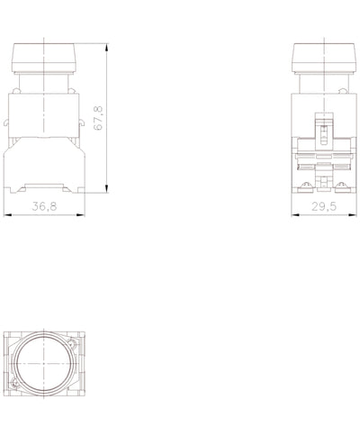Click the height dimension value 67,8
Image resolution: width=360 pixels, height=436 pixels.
click(x=98, y=118)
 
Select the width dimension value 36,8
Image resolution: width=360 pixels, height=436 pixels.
click(x=44, y=206)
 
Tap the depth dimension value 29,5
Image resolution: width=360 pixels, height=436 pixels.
click(x=324, y=206)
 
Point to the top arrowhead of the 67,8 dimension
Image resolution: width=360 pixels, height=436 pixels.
click(x=107, y=48)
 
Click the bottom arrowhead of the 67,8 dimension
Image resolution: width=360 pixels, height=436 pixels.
click(x=107, y=188)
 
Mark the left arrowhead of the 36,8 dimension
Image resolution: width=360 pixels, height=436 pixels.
click(x=7, y=214)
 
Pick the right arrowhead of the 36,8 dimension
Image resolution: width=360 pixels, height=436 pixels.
click(x=81, y=214)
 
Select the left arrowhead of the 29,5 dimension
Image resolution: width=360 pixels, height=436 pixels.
click(x=295, y=214)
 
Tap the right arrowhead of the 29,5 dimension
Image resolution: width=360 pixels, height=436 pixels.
click(x=353, y=214)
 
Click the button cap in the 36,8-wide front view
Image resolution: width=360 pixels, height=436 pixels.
click(x=43, y=58)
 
